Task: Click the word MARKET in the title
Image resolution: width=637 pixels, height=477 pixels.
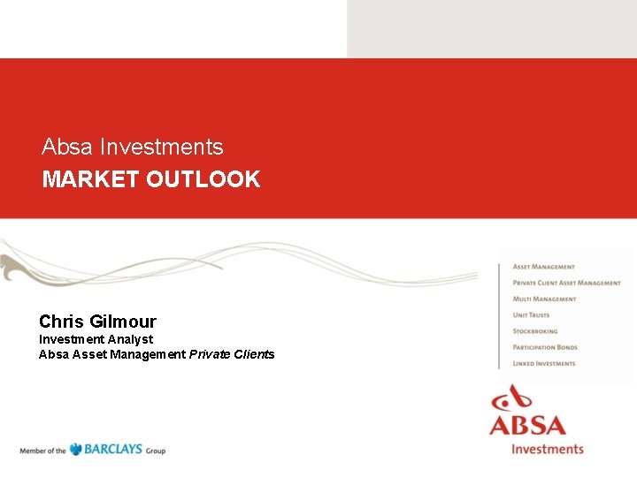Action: click(x=91, y=179)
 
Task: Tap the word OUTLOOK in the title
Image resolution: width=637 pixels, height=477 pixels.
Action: click(x=203, y=179)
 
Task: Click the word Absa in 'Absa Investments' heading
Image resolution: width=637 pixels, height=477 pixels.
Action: click(x=66, y=147)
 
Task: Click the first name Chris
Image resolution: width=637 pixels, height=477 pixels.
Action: click(x=61, y=322)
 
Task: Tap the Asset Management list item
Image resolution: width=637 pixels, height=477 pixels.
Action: click(x=543, y=267)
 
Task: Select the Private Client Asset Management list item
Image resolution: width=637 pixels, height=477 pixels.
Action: click(x=566, y=283)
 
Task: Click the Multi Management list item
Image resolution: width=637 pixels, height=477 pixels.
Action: click(x=544, y=299)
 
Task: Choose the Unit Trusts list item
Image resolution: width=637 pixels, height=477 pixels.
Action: click(x=531, y=315)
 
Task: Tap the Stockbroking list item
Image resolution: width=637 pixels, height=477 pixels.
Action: click(x=535, y=331)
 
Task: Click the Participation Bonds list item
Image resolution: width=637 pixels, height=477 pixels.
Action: click(x=545, y=347)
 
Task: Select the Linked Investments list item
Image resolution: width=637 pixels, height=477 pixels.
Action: click(x=543, y=363)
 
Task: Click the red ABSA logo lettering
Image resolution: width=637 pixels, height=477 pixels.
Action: click(x=528, y=425)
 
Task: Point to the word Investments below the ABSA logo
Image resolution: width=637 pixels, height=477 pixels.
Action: click(x=548, y=448)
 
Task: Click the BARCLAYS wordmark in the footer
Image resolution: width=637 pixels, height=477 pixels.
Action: click(x=113, y=450)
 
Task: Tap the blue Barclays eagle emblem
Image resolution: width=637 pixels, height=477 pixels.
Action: click(x=76, y=449)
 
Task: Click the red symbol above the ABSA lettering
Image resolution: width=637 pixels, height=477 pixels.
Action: click(x=516, y=397)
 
